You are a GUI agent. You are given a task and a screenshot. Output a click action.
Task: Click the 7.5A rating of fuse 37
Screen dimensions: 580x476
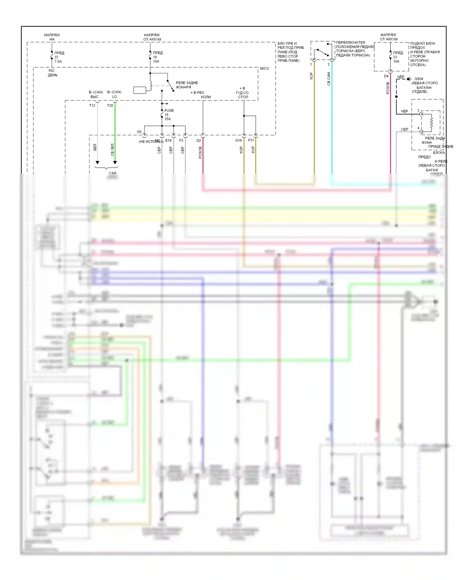(x=58, y=62)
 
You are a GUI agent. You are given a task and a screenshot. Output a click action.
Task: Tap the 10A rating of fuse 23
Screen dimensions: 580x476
(x=396, y=61)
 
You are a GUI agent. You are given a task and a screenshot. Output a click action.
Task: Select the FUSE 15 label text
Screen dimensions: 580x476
(x=169, y=111)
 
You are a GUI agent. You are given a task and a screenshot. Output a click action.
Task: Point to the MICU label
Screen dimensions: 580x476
(x=264, y=69)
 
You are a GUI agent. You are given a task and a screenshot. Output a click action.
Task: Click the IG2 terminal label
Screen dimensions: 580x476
(x=51, y=70)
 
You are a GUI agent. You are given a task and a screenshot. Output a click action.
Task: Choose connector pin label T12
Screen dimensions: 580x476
(x=92, y=105)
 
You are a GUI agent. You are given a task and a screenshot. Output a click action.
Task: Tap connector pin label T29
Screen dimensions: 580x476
(x=110, y=105)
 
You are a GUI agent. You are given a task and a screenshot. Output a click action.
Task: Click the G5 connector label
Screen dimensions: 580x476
(x=139, y=132)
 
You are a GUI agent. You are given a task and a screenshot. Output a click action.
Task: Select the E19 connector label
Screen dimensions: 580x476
(x=168, y=140)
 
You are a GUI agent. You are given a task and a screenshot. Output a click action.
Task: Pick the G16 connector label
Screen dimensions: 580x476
(x=238, y=140)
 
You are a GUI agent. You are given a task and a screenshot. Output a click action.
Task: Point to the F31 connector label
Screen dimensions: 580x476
(x=251, y=140)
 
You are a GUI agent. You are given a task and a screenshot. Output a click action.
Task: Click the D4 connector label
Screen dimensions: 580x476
(x=386, y=76)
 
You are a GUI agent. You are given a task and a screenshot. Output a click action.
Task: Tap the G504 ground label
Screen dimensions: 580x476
(x=419, y=79)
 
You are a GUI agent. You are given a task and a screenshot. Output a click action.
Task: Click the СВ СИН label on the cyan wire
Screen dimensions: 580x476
(x=329, y=79)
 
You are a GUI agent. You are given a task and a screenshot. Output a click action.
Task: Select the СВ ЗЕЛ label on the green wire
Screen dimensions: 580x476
(x=112, y=150)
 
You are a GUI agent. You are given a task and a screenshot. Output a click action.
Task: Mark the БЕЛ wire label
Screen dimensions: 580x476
(x=95, y=147)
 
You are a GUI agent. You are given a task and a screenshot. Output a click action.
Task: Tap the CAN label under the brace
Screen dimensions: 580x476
(x=112, y=173)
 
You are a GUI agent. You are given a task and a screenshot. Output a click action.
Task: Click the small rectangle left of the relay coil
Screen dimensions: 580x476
(x=140, y=90)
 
